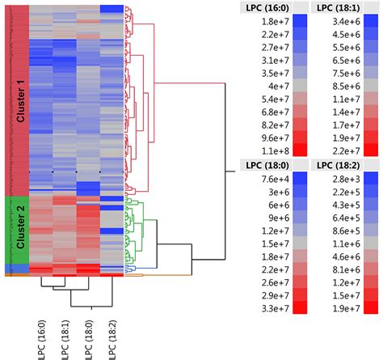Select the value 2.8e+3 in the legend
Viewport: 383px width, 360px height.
[x=335, y=180]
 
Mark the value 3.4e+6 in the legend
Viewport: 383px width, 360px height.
[x=335, y=22]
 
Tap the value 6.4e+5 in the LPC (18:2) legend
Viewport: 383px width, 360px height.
[x=335, y=218]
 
